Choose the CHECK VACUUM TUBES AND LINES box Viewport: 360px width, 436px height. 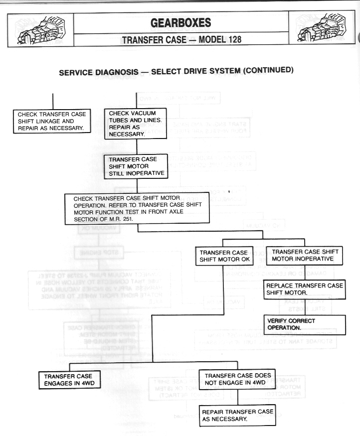pyautogui.click(x=135, y=124)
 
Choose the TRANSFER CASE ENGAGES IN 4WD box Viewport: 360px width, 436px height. pyautogui.click(x=67, y=380)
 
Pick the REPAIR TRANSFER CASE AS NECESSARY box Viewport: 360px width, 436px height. pyautogui.click(x=238, y=415)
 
